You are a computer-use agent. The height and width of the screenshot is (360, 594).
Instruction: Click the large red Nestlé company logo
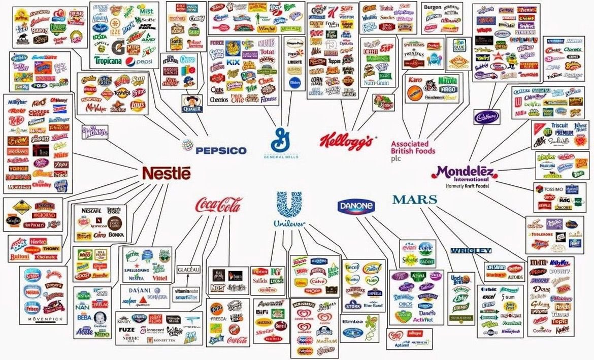pyautogui.click(x=167, y=173)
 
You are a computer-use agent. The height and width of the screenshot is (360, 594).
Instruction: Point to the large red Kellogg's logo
pyautogui.click(x=348, y=140)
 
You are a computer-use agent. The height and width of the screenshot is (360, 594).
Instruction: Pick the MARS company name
pyautogui.click(x=414, y=200)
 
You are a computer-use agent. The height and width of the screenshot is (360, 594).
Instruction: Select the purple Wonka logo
pyautogui.click(x=94, y=133)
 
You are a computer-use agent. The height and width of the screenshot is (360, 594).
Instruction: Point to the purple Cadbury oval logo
pyautogui.click(x=486, y=117)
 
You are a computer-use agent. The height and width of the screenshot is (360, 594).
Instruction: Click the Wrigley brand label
pyautogui.click(x=471, y=250)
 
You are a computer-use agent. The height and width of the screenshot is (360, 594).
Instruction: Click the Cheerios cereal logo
pyautogui.click(x=219, y=100)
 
